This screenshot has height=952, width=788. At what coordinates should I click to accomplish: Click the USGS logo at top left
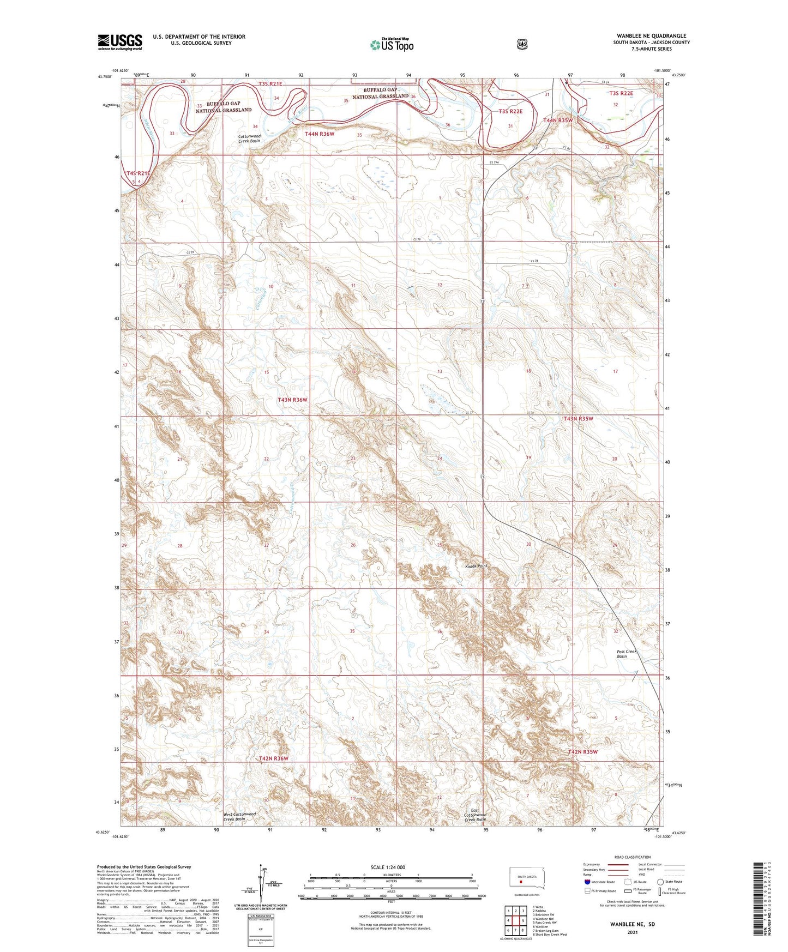[120, 42]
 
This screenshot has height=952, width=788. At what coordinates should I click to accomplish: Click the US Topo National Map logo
[392, 44]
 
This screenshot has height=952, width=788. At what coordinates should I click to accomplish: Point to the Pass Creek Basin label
[626, 654]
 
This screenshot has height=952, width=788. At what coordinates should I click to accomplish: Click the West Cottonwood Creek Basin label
[239, 816]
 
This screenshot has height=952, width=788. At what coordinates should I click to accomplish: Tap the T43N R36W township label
[292, 400]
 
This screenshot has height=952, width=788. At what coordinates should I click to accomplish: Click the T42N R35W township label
[582, 751]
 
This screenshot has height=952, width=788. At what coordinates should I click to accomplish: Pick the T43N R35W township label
[578, 419]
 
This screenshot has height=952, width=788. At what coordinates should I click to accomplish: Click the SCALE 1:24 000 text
[388, 867]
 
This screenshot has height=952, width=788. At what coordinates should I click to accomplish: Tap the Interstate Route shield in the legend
[587, 882]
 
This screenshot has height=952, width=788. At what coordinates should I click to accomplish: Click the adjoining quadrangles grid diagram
[515, 921]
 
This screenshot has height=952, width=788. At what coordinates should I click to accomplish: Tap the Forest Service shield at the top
[522, 44]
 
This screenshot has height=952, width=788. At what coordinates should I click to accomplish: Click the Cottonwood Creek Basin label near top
[249, 138]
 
